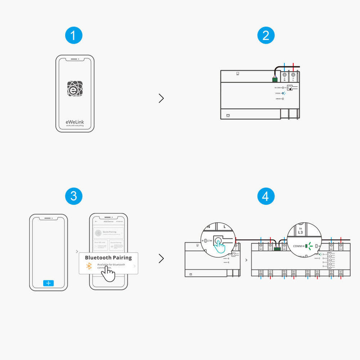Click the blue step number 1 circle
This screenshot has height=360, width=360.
coord(74,36)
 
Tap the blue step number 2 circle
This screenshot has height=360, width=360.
coord(265,36)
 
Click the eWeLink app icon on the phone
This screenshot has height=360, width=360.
coord(75,89)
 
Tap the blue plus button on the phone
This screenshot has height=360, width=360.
coord(49,283)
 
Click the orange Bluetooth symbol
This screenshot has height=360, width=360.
coord(89,266)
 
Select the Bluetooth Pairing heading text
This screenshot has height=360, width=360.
coord(108,257)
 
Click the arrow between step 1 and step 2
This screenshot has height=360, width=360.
coord(161,99)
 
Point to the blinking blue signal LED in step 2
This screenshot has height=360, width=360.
coord(284,93)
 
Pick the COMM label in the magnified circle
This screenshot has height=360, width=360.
coord(298,246)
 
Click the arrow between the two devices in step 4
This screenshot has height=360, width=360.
coord(246,260)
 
